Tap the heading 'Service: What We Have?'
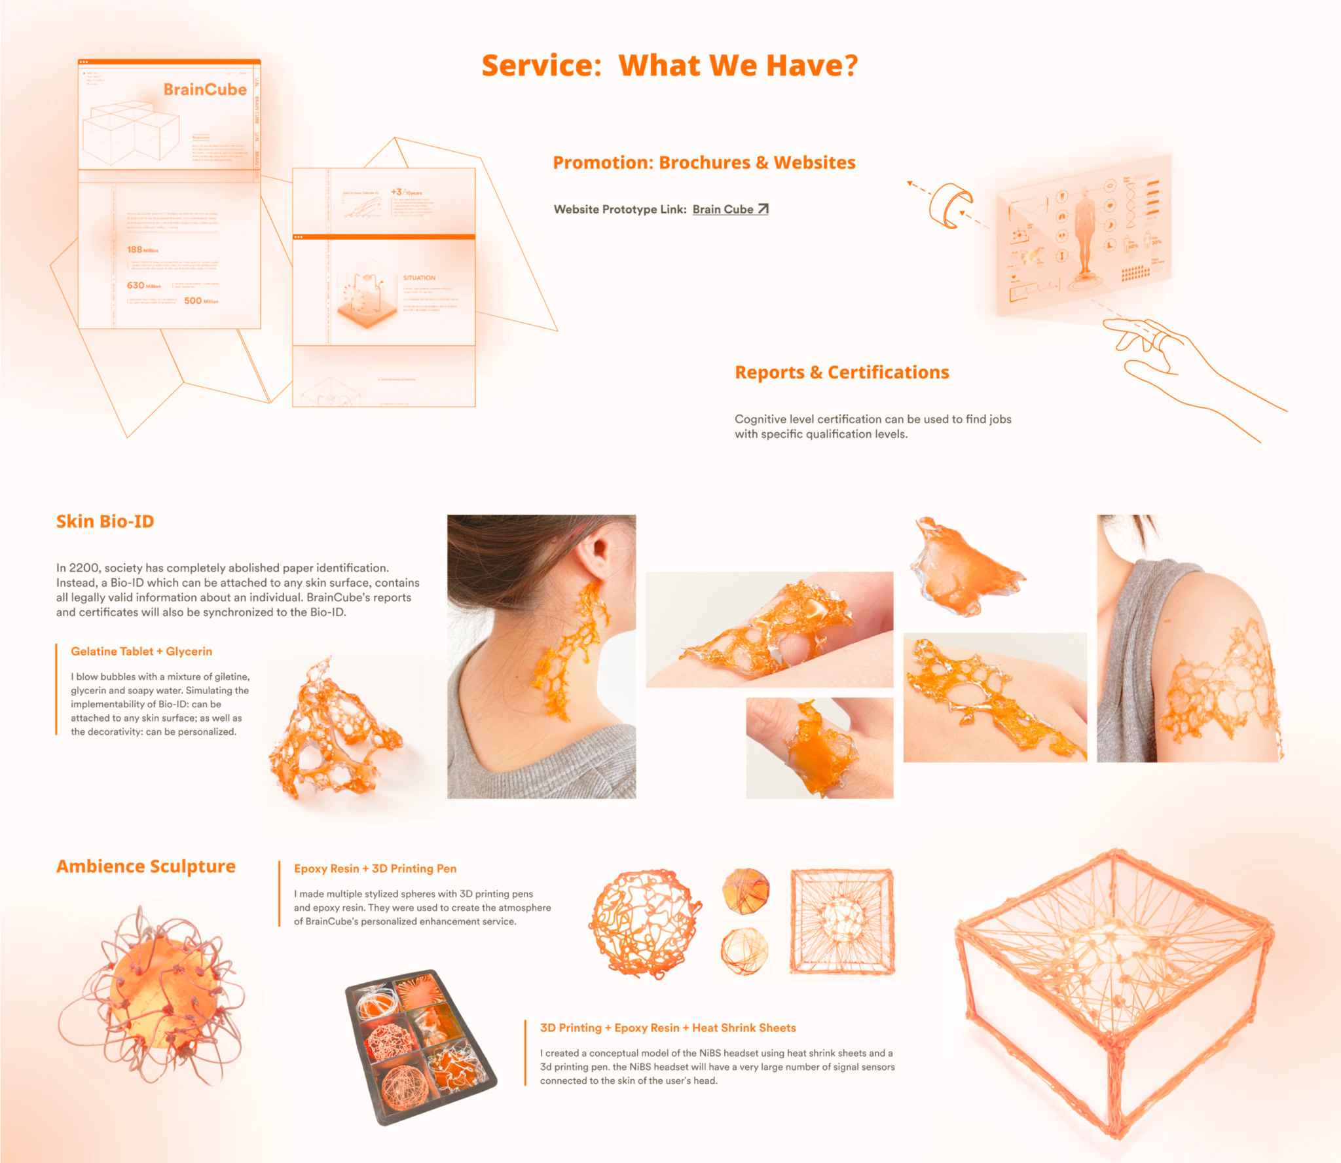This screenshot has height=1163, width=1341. coord(669,65)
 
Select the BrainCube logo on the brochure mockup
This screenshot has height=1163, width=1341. coord(205,90)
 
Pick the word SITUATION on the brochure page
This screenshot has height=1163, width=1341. coord(419,278)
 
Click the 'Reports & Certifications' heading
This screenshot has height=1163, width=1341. coord(841,373)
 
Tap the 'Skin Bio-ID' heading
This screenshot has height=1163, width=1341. coord(105,521)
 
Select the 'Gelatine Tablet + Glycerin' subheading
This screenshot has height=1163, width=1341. coord(141,652)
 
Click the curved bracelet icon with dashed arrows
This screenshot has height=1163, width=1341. coord(949,205)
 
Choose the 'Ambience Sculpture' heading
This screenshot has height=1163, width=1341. coord(145,866)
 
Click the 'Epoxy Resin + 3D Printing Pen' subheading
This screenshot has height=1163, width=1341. coord(375,869)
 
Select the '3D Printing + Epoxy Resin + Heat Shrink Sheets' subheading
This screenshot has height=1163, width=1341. coord(668,1028)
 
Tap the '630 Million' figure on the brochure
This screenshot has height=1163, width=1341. coord(143,286)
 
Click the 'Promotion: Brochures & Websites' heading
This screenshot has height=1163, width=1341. coord(704,163)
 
